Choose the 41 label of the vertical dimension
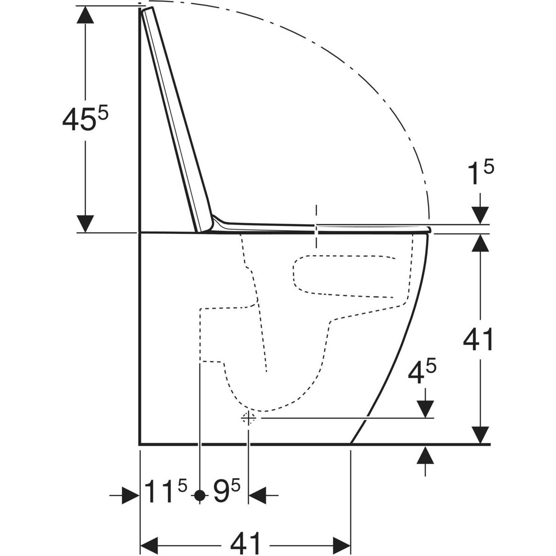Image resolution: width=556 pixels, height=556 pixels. coord(478,340)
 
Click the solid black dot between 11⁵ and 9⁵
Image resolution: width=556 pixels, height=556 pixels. coord(200,495)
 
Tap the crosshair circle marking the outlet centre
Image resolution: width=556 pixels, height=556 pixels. coord(248,418)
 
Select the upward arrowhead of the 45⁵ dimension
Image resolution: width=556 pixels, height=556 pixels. coord(85,14)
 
